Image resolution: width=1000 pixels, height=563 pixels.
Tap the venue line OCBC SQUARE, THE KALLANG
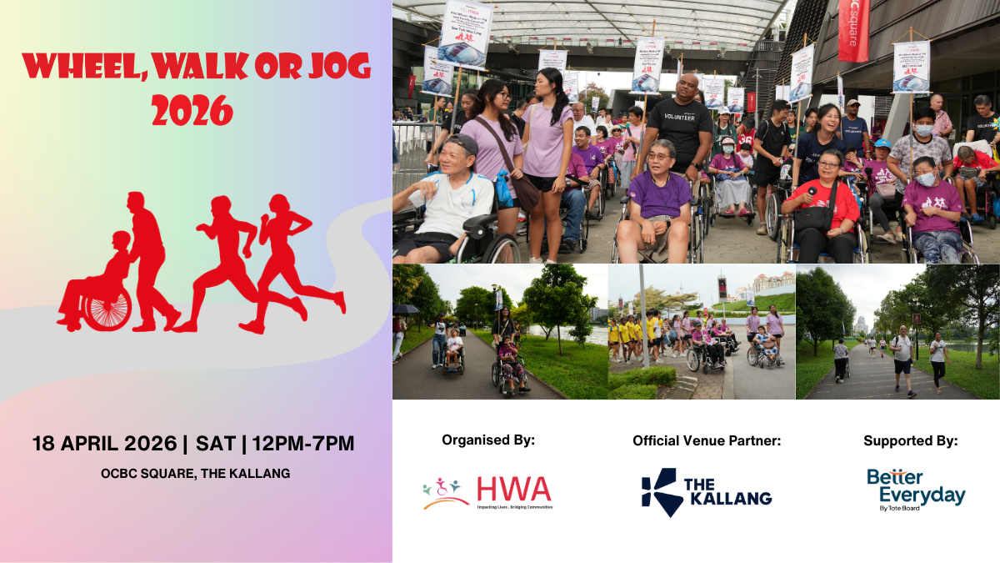pos(195,473)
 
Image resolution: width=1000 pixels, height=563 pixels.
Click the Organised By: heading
pos(488,440)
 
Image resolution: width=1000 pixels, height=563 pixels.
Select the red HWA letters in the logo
pos(514,489)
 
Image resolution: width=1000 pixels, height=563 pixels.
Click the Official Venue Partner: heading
pos(707,440)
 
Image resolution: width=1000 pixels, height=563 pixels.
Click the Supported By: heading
pos(910,440)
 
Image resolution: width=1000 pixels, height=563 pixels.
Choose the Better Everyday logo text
pos(916,486)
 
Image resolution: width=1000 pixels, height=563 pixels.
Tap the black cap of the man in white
pos(463,143)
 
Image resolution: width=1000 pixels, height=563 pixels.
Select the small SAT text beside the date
pos(215,443)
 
